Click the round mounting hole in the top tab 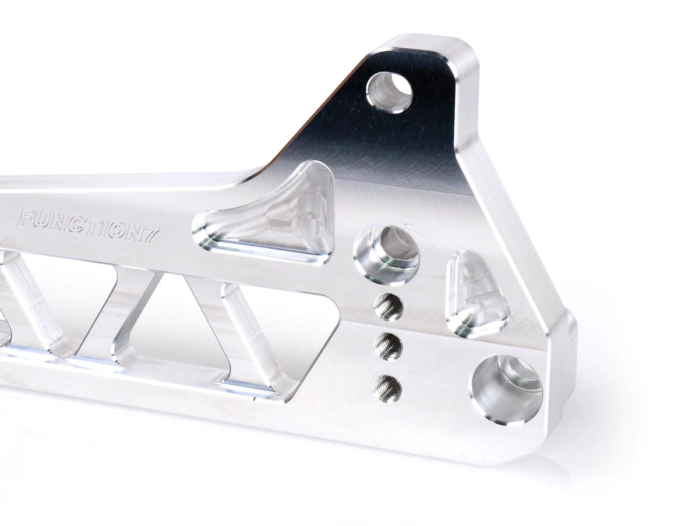point(389,92)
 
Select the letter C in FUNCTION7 point(75,225)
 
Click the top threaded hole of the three point(389,306)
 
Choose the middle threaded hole point(388,346)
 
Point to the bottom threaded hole point(388,388)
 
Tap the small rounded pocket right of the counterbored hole point(476,294)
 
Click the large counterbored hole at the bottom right point(506,389)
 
